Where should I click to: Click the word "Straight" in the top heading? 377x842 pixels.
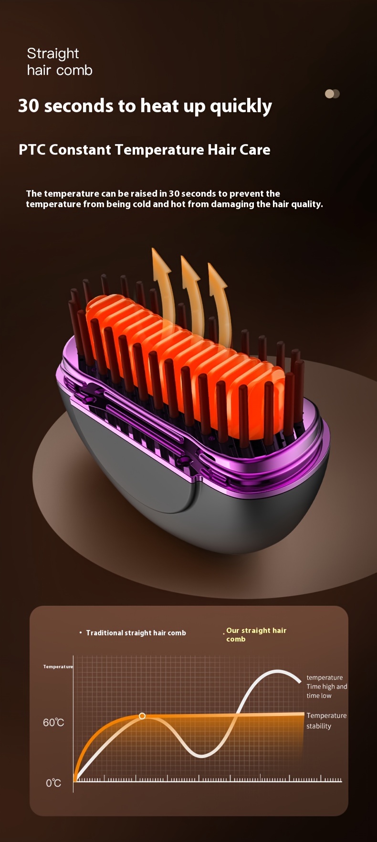(53, 53)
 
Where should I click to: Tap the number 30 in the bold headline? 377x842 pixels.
(29, 105)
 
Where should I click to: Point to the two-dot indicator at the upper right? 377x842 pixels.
(332, 94)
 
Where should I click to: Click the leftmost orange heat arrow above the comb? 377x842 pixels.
(163, 286)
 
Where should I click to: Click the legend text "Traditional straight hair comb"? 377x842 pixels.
(136, 633)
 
